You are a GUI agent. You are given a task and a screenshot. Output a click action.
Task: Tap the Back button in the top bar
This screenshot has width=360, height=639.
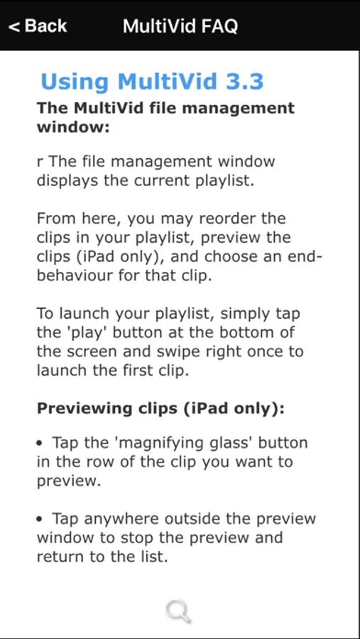38,26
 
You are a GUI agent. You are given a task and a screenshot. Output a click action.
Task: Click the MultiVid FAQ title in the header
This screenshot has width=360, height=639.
180,26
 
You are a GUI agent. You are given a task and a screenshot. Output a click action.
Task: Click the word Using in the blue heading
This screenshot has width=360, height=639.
75,82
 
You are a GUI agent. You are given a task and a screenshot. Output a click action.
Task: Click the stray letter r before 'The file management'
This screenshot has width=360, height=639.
40,162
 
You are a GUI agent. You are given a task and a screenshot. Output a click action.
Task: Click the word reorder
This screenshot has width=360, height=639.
222,219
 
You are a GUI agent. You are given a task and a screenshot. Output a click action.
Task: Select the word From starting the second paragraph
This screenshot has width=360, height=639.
56,219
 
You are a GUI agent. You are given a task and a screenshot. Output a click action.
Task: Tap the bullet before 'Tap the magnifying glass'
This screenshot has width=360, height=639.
40,443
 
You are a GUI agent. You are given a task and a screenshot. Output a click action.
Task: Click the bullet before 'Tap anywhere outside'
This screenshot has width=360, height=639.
40,519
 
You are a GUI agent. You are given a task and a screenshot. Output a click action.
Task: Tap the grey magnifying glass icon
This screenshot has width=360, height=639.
178,611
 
